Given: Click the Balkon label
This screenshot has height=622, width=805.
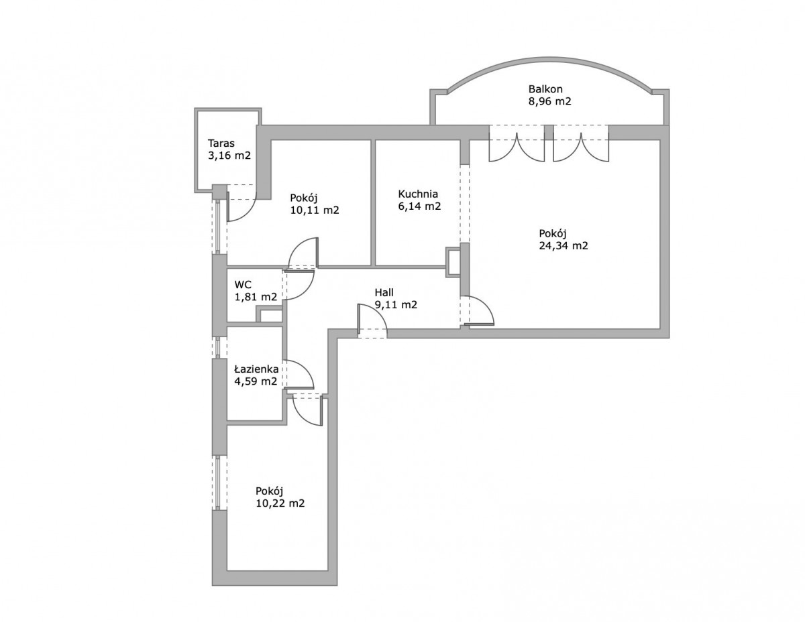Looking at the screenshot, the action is pos(545,89).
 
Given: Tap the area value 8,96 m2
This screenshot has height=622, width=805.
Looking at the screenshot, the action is pos(550,101).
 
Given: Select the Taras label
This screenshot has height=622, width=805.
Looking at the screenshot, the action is pos(221,143).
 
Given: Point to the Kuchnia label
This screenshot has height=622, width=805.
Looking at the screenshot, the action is pos(418,194).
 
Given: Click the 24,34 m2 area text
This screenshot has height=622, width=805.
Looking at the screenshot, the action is pos(563,246).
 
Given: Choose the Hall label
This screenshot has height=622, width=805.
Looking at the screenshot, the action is pos(384,293).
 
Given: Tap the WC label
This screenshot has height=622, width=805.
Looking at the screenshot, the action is pos(243,285).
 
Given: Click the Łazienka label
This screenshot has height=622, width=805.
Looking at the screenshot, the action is pos(256,369).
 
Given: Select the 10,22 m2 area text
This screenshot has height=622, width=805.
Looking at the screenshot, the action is pos(280,503).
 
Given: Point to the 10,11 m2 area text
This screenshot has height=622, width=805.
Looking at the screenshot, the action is pos(315,210).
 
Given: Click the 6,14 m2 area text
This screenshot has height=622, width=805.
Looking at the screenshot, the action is pos(419,206).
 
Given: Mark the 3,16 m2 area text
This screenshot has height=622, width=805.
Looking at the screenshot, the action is pos(229,155).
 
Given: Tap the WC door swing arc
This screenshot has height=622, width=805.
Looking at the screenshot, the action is pos(300,285).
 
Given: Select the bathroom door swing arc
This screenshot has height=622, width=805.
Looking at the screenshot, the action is pos(299,374).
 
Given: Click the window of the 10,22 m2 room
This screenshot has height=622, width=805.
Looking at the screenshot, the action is pos(219,482).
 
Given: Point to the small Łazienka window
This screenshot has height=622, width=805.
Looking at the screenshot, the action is pos(219,347).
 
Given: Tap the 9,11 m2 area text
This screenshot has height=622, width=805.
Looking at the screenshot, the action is pos(396,305).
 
